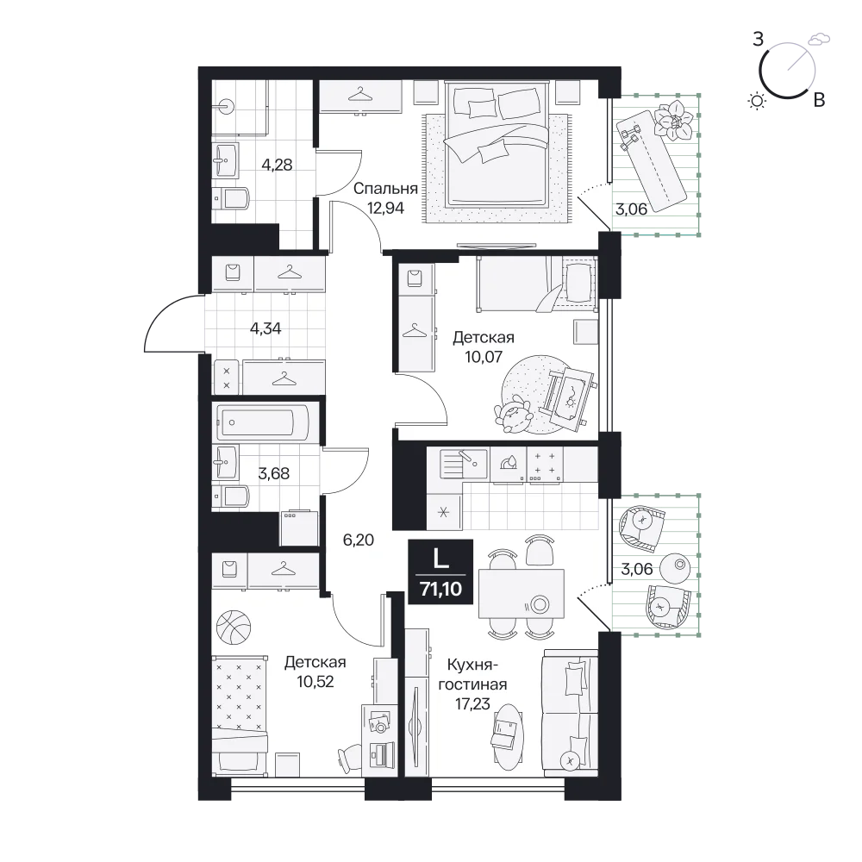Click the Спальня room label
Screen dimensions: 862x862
[385, 189]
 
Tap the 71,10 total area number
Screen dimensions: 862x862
[440, 589]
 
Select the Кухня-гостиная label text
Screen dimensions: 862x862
[472, 675]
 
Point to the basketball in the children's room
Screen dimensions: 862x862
[234, 627]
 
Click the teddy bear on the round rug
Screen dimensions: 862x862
[513, 414]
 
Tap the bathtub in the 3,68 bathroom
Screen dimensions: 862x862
[263, 422]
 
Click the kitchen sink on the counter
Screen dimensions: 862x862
[464, 463]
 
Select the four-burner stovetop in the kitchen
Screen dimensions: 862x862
[545, 464]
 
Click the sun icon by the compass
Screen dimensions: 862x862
[758, 101]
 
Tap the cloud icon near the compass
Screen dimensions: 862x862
[819, 39]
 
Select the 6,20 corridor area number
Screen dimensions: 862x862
[359, 540]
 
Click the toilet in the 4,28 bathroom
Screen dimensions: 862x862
[231, 198]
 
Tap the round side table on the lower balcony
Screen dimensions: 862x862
[675, 567]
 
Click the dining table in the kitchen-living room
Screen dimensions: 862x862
[522, 594]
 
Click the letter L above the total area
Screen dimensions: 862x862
[440, 559]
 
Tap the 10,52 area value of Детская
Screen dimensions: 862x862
[315, 682]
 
